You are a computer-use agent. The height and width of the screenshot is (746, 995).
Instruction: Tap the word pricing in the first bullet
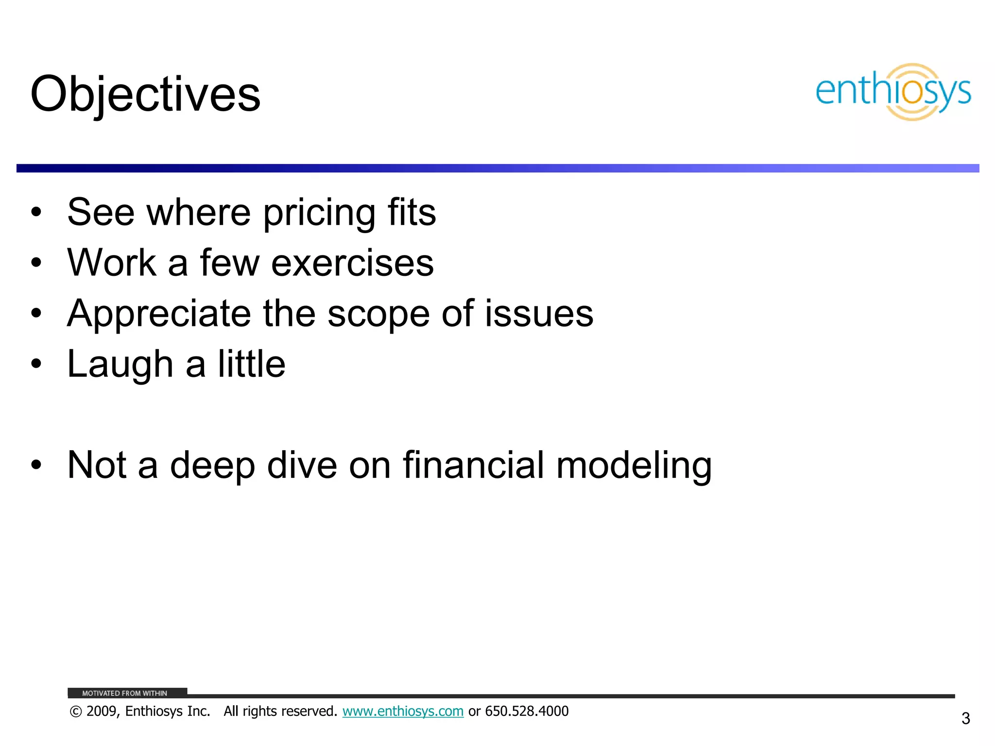pos(319,213)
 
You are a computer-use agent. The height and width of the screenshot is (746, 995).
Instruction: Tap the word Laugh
pos(120,365)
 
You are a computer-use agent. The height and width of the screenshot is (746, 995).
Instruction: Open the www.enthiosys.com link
pos(403,712)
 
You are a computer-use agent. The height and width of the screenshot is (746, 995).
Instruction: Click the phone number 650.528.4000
pos(527,712)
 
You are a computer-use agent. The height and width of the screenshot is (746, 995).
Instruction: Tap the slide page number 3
pos(965,718)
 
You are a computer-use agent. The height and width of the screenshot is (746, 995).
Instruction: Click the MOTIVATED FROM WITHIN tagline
pos(124,693)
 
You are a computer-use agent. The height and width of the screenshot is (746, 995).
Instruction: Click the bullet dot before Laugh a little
pos(36,364)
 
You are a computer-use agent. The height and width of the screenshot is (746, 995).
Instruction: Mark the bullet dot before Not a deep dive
pos(36,465)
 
